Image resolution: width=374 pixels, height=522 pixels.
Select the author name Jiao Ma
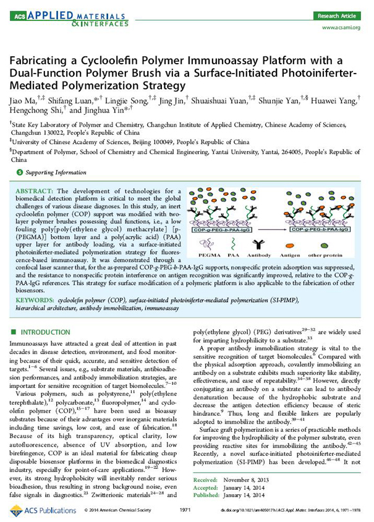pyautogui.click(x=23, y=100)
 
